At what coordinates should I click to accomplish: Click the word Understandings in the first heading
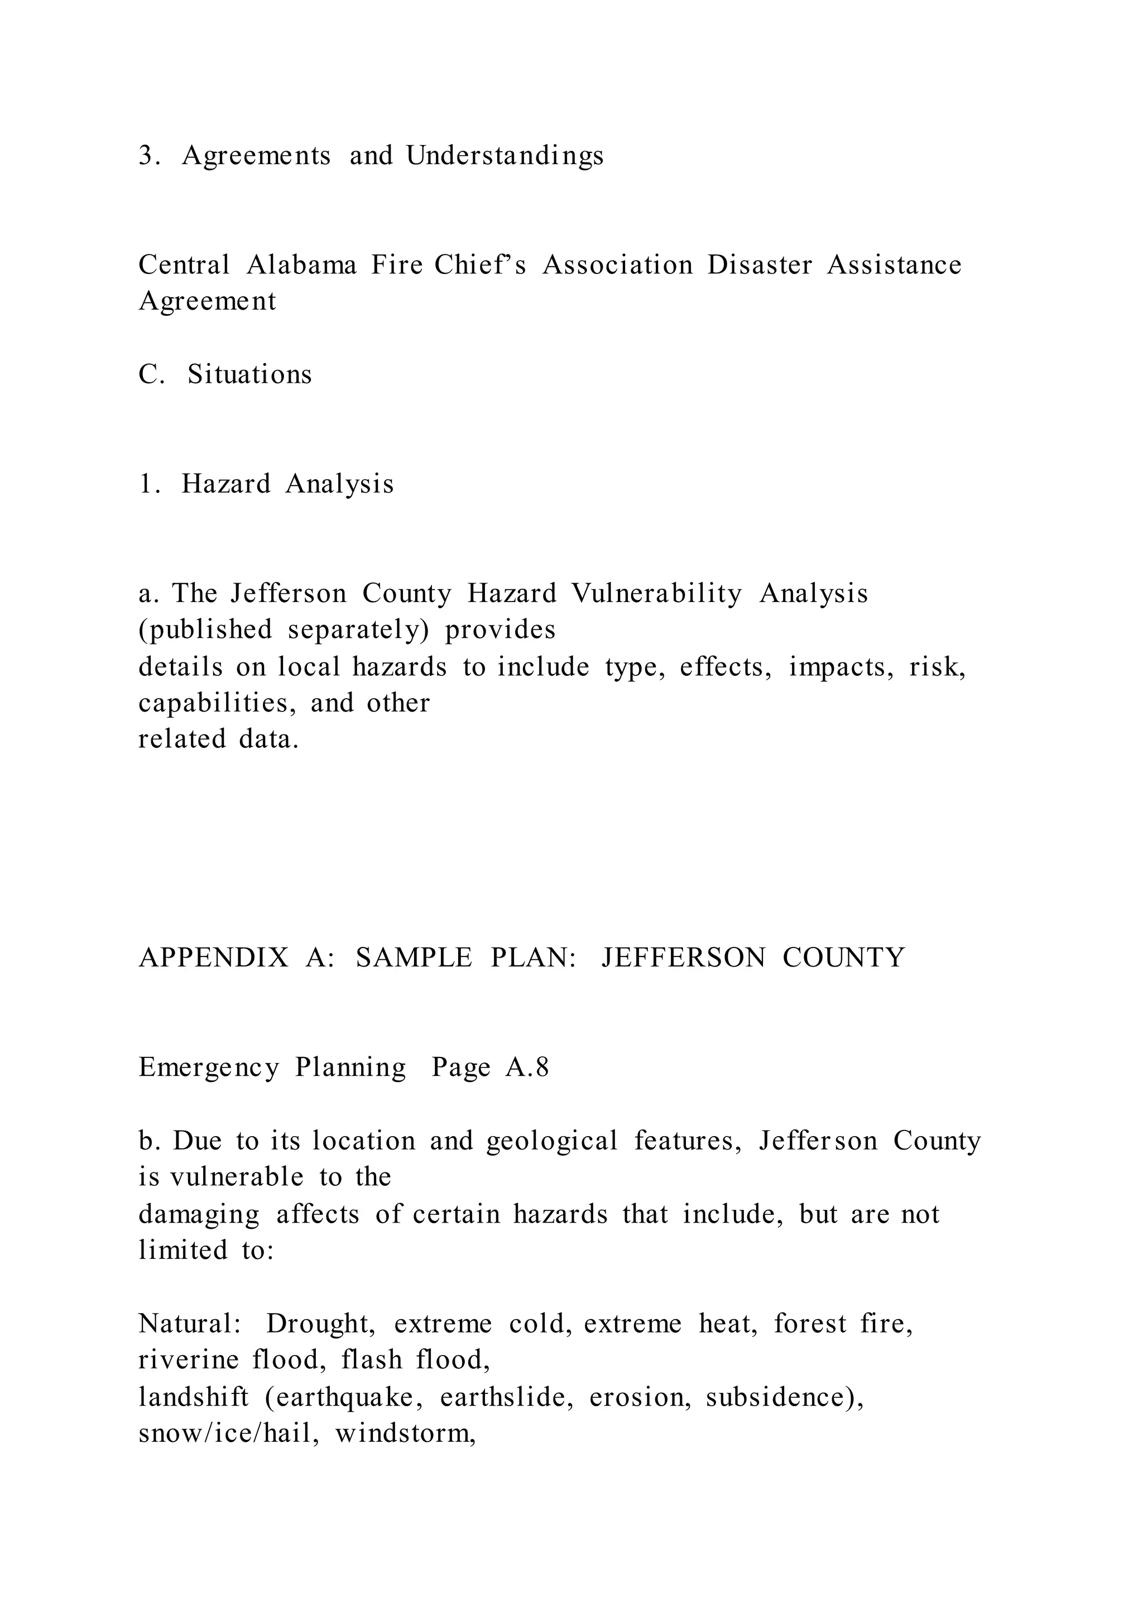coord(504,156)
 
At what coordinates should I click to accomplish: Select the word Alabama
coord(301,266)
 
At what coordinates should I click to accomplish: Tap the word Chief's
coord(480,266)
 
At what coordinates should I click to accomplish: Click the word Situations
coord(249,374)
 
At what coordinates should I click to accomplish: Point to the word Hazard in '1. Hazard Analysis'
coord(225,484)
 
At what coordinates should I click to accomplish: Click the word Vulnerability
coord(656,594)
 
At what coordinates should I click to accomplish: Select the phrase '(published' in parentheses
coord(205,630)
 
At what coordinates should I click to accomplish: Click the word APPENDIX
coord(214,958)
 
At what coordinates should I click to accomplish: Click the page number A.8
coord(526,1067)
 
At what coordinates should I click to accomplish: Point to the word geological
coord(552,1141)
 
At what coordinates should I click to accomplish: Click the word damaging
coord(199,1214)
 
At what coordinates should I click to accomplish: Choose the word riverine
coord(189,1360)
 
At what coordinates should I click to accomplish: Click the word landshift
coord(193,1397)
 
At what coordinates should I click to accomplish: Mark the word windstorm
coord(405,1433)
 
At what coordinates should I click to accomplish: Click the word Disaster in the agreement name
coord(760,266)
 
